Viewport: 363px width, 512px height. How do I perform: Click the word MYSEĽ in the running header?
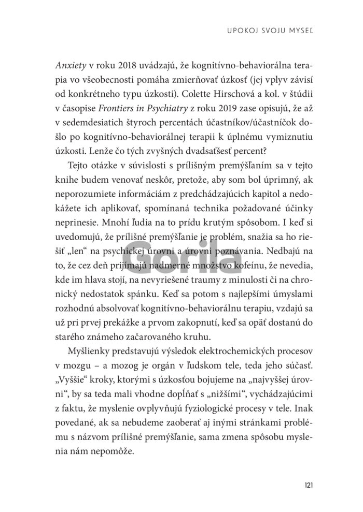301,32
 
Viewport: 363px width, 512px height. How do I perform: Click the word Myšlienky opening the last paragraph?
89,352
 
